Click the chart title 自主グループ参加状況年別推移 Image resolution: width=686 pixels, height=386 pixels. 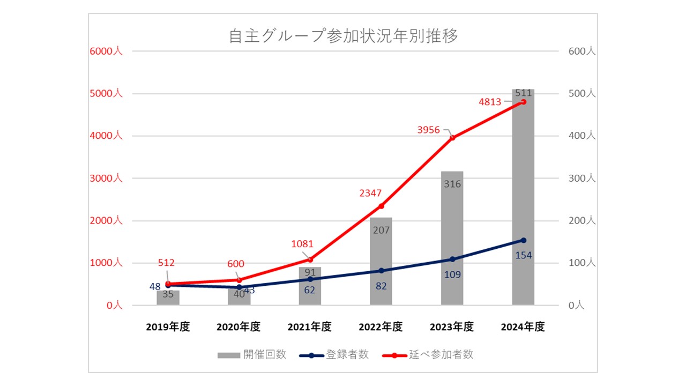click(x=343, y=36)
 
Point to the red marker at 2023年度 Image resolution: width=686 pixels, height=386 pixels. click(x=452, y=138)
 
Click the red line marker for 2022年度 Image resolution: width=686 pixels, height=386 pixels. click(x=381, y=206)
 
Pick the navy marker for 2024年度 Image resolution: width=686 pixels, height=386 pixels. click(x=523, y=240)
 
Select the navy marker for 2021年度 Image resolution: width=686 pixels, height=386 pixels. click(x=310, y=279)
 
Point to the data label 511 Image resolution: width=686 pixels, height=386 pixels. click(x=523, y=93)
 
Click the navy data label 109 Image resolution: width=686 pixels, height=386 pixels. click(x=452, y=274)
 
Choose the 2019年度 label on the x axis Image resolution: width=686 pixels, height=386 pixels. click(x=168, y=327)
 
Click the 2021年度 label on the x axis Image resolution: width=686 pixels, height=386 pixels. click(x=310, y=327)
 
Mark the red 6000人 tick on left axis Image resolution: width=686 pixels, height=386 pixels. click(x=106, y=51)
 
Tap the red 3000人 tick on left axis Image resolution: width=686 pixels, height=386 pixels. click(x=106, y=178)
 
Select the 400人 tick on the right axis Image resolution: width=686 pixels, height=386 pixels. click(x=582, y=136)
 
